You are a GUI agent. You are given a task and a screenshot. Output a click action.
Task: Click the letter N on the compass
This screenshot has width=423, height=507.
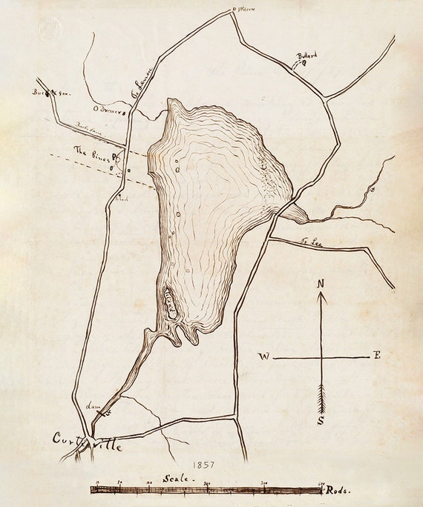(321, 284)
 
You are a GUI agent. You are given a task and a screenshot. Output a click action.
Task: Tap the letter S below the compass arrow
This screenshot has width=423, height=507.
(321, 420)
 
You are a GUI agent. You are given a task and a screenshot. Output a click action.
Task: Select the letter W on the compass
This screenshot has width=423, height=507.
(264, 357)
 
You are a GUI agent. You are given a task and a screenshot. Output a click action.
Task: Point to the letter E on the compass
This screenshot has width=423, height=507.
(377, 356)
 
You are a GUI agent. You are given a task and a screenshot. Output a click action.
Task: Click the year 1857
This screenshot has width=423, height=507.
(202, 465)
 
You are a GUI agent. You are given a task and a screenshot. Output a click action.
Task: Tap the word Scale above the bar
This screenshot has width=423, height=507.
(179, 479)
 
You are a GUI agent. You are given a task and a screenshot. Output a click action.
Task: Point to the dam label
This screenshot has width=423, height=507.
(94, 406)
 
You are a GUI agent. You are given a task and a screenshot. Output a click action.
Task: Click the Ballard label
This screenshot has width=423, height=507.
(307, 56)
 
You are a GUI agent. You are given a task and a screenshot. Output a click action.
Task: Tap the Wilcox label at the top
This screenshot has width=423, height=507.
(246, 10)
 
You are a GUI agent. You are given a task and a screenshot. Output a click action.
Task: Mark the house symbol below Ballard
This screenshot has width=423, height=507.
(304, 64)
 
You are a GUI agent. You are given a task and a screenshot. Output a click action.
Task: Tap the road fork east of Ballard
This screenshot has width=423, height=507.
(324, 97)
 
